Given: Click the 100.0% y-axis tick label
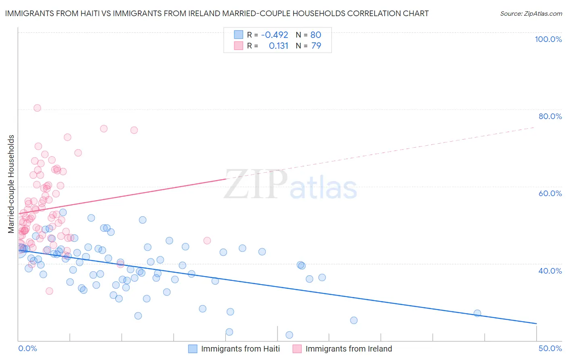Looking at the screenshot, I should pyautogui.click(x=548, y=39).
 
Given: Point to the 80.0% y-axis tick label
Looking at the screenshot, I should pyautogui.click(x=550, y=116).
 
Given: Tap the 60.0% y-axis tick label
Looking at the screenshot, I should pyautogui.click(x=550, y=193).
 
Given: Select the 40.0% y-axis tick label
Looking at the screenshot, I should pyautogui.click(x=550, y=271).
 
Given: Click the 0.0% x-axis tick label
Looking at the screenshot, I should pyautogui.click(x=27, y=348).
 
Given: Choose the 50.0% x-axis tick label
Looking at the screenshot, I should pyautogui.click(x=550, y=348).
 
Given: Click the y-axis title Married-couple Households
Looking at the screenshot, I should pyautogui.click(x=11, y=184).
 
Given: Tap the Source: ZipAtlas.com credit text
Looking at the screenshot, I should pyautogui.click(x=531, y=13).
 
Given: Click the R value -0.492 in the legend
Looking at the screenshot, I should pyautogui.click(x=274, y=35).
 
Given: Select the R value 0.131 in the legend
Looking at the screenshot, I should pyautogui.click(x=278, y=46).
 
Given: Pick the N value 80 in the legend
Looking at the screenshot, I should pyautogui.click(x=316, y=35).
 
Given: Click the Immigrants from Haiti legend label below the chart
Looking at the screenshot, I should pyautogui.click(x=240, y=349).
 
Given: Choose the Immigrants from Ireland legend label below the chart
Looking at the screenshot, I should pyautogui.click(x=348, y=349).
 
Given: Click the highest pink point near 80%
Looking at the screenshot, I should pyautogui.click(x=37, y=108).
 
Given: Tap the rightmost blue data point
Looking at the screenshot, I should pyautogui.click(x=477, y=313).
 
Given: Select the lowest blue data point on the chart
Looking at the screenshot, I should pyautogui.click(x=289, y=335).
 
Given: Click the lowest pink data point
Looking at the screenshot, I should pyautogui.click(x=49, y=291).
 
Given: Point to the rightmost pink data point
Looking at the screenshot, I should pyautogui.click(x=207, y=241).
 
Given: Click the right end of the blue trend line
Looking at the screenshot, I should pyautogui.click(x=536, y=324).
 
